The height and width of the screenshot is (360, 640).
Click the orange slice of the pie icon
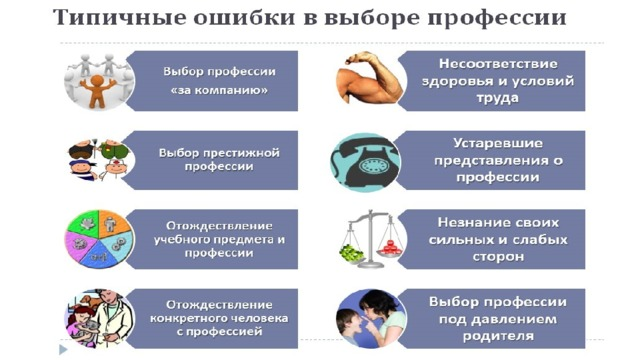pos(114,224)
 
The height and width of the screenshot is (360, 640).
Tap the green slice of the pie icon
pos(84,224)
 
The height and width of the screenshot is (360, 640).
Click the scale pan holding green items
pos(351,253)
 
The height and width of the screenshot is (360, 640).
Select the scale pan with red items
pos(390,248)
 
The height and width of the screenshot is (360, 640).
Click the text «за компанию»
pos(219,90)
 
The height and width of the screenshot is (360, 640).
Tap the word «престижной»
pos(242,153)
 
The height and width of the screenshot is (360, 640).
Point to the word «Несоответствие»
pos(498,64)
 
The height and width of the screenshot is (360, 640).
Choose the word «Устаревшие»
pos(498,144)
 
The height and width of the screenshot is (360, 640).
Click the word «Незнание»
pos(469,222)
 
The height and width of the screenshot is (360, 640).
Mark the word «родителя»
pos(498,336)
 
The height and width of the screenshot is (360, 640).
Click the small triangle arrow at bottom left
pos(63,349)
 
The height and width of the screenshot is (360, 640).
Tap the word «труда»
pos(498,98)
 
